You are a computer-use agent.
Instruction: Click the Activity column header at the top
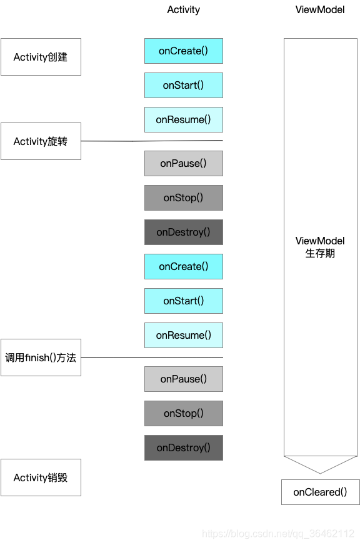click(x=184, y=9)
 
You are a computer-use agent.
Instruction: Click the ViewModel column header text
click(x=320, y=9)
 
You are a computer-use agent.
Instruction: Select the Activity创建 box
click(x=41, y=57)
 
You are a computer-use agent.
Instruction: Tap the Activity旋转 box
click(x=41, y=141)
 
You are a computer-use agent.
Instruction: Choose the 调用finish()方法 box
click(x=41, y=357)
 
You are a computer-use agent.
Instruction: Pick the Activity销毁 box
click(x=41, y=477)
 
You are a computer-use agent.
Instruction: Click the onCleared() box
click(x=320, y=492)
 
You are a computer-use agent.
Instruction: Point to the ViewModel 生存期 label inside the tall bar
click(x=320, y=247)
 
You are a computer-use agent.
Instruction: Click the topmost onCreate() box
click(x=183, y=51)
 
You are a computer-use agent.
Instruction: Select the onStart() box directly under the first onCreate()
click(x=183, y=85)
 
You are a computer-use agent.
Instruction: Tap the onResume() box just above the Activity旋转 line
click(x=183, y=119)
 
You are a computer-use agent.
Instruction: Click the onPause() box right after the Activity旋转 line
click(x=183, y=163)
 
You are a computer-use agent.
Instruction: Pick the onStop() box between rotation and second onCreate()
click(x=183, y=197)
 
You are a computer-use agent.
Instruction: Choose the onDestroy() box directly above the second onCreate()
click(x=183, y=232)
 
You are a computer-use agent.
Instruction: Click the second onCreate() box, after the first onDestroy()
click(x=183, y=266)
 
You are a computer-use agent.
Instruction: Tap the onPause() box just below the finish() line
click(x=183, y=379)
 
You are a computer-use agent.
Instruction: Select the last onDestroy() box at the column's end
click(x=183, y=447)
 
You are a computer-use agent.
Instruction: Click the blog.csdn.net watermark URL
click(x=278, y=534)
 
